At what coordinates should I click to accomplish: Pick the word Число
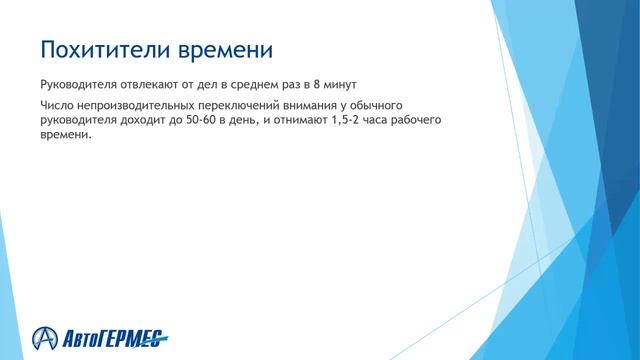[56, 105]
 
